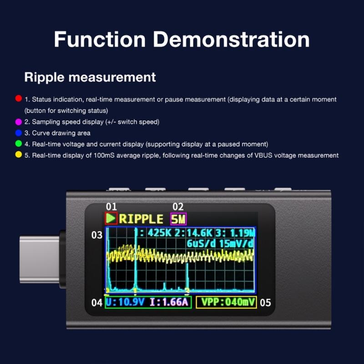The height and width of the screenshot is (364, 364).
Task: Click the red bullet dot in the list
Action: click(18, 98)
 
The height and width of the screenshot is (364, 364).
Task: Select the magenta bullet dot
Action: click(18, 122)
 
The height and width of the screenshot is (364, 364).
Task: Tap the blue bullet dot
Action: click(18, 133)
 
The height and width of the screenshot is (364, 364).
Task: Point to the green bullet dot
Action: click(18, 144)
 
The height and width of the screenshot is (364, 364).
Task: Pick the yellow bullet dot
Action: click(18, 155)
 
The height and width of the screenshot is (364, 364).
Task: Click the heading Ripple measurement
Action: click(90, 77)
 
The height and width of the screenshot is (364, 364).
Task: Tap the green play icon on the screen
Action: click(111, 218)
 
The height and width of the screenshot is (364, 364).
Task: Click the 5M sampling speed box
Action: click(178, 219)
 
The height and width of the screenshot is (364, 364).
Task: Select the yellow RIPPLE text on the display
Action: click(141, 219)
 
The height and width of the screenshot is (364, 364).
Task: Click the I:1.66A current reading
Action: click(168, 302)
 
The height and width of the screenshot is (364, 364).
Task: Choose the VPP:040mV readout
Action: click(227, 302)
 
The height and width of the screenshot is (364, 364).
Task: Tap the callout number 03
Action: click(97, 236)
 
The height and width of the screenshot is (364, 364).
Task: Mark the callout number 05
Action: click(266, 302)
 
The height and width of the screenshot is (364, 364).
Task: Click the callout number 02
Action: click(177, 207)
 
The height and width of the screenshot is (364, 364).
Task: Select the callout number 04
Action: click(96, 302)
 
